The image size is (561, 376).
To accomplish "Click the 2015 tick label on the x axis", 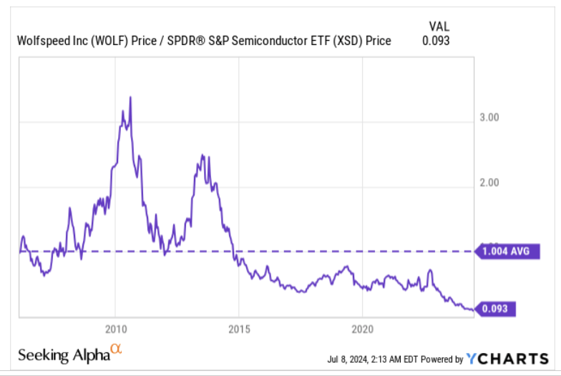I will pyautogui.click(x=239, y=330).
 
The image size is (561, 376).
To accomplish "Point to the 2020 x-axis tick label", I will pyautogui.click(x=363, y=330).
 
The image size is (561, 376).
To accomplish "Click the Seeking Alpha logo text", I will pyautogui.click(x=62, y=355).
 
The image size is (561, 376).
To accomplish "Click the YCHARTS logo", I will pyautogui.click(x=507, y=358).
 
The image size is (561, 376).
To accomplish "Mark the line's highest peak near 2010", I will pyautogui.click(x=130, y=97).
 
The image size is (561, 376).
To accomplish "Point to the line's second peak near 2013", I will pyautogui.click(x=203, y=155).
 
